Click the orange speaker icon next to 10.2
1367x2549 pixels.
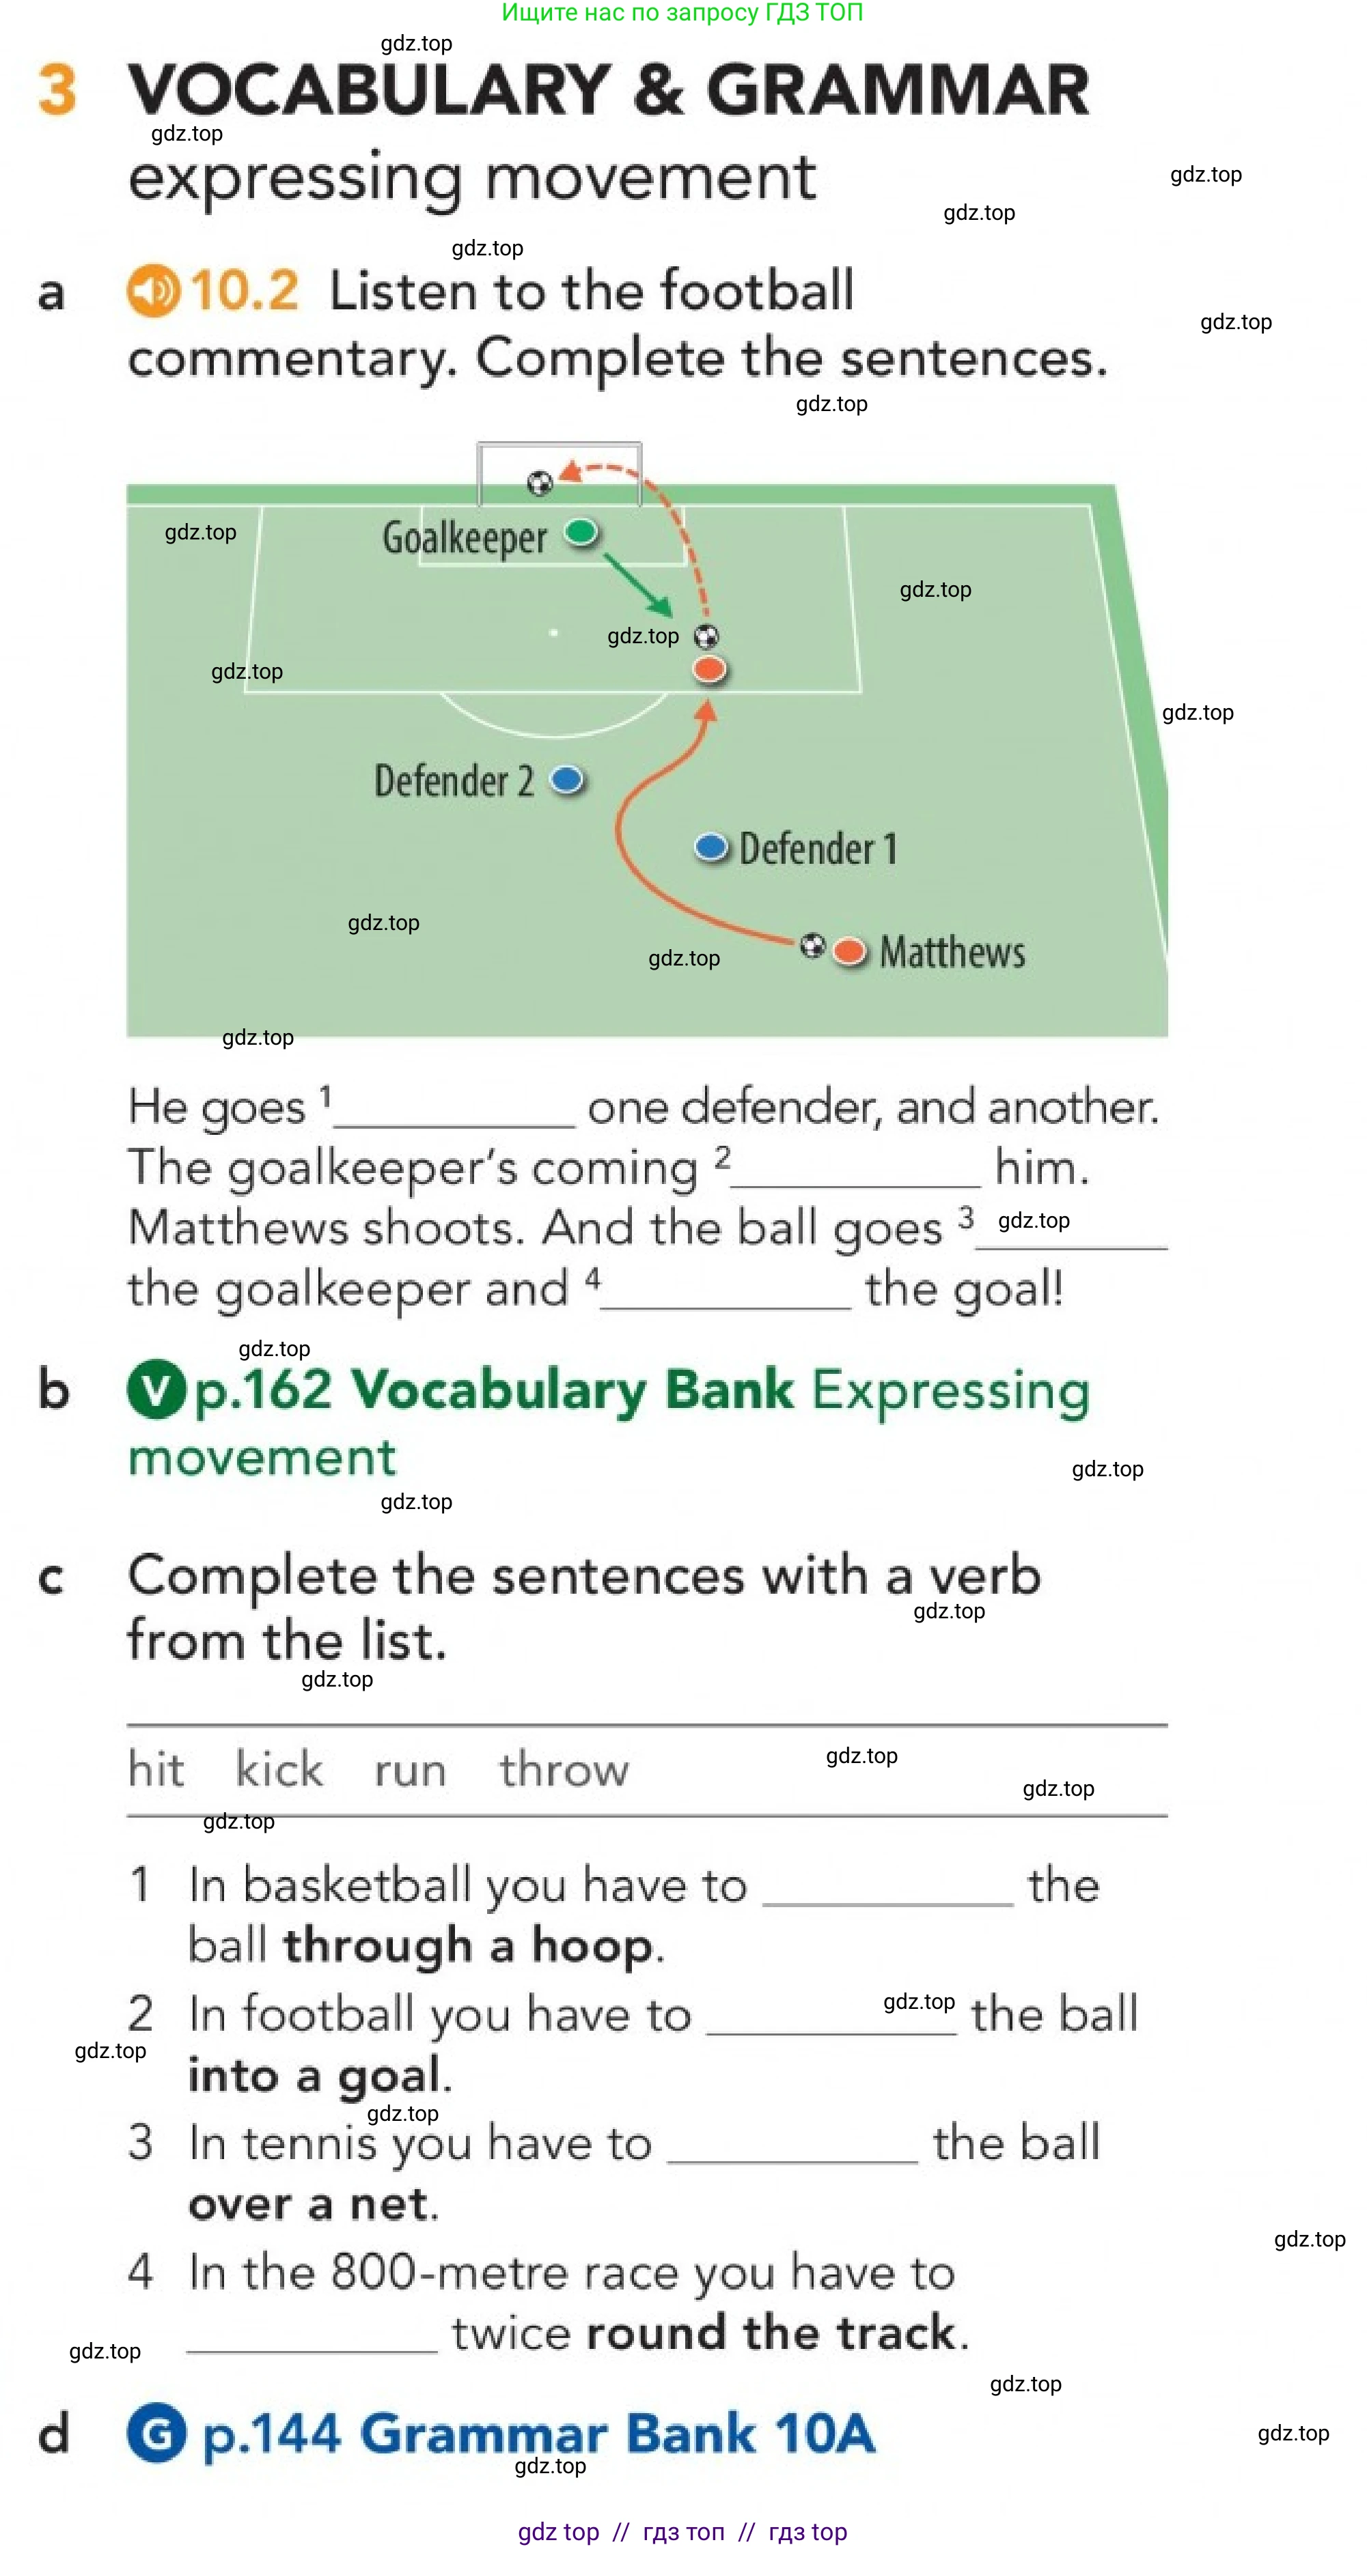click(x=154, y=291)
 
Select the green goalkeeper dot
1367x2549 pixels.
click(x=581, y=533)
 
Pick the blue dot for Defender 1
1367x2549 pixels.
click(x=710, y=847)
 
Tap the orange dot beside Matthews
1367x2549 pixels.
click(x=849, y=952)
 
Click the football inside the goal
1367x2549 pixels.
click(x=540, y=483)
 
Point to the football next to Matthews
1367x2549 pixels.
click(x=812, y=945)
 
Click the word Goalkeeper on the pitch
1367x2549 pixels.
click(x=465, y=538)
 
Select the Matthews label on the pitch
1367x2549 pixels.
click(x=952, y=952)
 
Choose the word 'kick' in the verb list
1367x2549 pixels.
click(x=279, y=1769)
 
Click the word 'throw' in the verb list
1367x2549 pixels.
click(x=563, y=1769)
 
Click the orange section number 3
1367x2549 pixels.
click(x=57, y=89)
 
